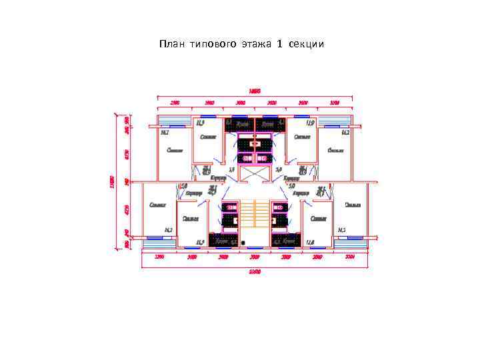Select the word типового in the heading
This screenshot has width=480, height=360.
(213, 45)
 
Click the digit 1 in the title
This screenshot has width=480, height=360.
(280, 45)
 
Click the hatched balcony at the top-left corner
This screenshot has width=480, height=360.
(170, 121)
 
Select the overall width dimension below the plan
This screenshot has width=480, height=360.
(255, 271)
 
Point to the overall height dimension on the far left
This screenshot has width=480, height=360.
(112, 181)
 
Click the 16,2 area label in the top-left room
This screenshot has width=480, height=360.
(164, 133)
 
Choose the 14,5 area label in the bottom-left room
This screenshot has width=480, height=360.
(168, 230)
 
